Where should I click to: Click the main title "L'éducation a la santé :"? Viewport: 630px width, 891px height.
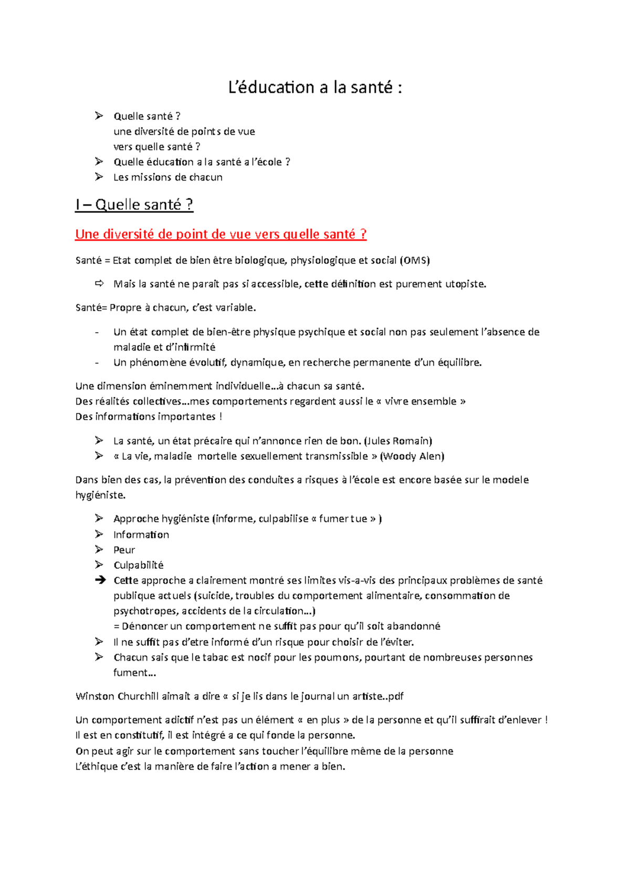pos(315,87)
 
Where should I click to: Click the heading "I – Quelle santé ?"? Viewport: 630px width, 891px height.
pos(134,204)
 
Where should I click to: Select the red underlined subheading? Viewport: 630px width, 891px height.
pos(220,234)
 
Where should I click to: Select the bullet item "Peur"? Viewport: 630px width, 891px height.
pos(124,550)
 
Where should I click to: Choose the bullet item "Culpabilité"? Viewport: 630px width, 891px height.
pos(139,565)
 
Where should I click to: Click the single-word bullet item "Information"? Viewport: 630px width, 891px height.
pos(141,535)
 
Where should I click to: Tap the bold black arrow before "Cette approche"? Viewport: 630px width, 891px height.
pos(100,580)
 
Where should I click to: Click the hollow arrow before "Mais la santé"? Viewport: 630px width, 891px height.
pos(99,284)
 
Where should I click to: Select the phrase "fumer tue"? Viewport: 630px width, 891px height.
pos(343,519)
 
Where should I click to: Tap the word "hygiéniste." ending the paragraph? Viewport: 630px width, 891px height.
pos(101,495)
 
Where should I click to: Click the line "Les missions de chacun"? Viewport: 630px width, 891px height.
pos(168,177)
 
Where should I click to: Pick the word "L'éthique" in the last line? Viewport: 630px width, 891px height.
pos(97,767)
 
